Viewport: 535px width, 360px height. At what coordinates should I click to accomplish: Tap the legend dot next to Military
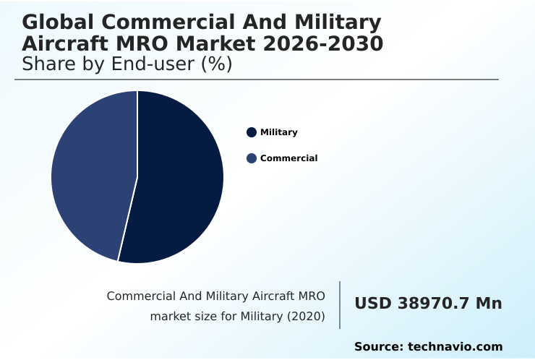point(252,132)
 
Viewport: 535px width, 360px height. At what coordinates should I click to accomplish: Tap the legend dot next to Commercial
point(252,158)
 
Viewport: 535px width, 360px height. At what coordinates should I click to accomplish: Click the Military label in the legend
point(278,132)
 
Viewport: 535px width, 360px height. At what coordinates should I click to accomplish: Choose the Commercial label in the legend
point(288,158)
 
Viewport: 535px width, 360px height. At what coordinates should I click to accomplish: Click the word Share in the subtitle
point(48,64)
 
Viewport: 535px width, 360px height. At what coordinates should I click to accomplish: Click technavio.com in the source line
point(455,347)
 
